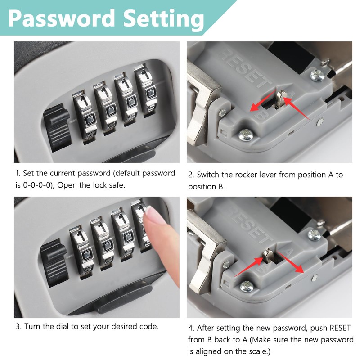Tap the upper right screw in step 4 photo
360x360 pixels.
pos(314,234)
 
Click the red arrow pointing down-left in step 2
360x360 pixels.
pos(263,102)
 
